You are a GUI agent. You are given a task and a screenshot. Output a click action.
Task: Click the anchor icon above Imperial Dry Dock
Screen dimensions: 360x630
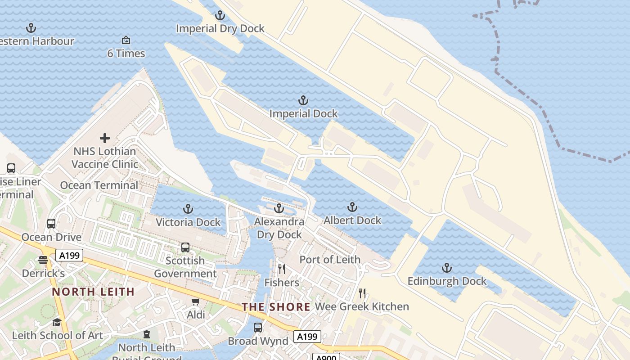coord(220,16)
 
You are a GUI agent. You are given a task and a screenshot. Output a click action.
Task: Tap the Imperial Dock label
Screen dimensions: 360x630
coord(303,114)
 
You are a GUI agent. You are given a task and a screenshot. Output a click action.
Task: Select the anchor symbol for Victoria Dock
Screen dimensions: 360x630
coord(188,209)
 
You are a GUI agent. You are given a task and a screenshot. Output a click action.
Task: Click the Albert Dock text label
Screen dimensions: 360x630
coord(352,220)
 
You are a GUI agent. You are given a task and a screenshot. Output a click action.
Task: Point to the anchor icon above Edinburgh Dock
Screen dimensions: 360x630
coord(446,268)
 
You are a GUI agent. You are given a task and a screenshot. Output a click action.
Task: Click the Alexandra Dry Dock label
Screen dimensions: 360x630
coord(279,228)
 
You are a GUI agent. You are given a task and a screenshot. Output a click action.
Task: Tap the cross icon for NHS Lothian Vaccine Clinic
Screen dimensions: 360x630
coord(105,138)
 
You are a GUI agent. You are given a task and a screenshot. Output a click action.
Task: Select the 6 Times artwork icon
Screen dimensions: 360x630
coord(126,40)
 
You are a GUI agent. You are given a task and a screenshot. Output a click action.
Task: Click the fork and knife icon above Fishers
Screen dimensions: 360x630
coord(282,269)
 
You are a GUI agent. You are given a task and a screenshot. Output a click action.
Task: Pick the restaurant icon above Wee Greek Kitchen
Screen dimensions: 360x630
coord(362,293)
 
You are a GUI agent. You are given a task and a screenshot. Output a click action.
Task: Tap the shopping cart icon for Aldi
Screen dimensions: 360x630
coord(195,301)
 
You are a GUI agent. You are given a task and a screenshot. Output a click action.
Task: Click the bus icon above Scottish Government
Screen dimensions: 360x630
coord(185,247)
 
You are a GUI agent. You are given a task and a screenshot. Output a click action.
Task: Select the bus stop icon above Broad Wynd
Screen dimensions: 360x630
coord(258,328)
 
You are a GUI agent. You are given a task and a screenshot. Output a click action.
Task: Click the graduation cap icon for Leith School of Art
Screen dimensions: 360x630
coord(57,322)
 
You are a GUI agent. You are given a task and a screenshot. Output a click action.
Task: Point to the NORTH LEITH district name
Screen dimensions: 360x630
coord(93,292)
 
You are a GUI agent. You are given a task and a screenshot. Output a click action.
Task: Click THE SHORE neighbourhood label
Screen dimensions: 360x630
coord(276,307)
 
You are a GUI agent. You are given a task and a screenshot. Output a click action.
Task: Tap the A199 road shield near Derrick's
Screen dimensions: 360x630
coord(70,256)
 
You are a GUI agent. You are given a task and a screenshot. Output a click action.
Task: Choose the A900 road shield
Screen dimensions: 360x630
coord(325,357)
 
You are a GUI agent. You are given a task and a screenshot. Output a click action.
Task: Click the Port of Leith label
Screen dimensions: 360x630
coord(330,260)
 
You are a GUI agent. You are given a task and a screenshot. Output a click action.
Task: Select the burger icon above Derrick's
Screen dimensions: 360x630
coord(43,260)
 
